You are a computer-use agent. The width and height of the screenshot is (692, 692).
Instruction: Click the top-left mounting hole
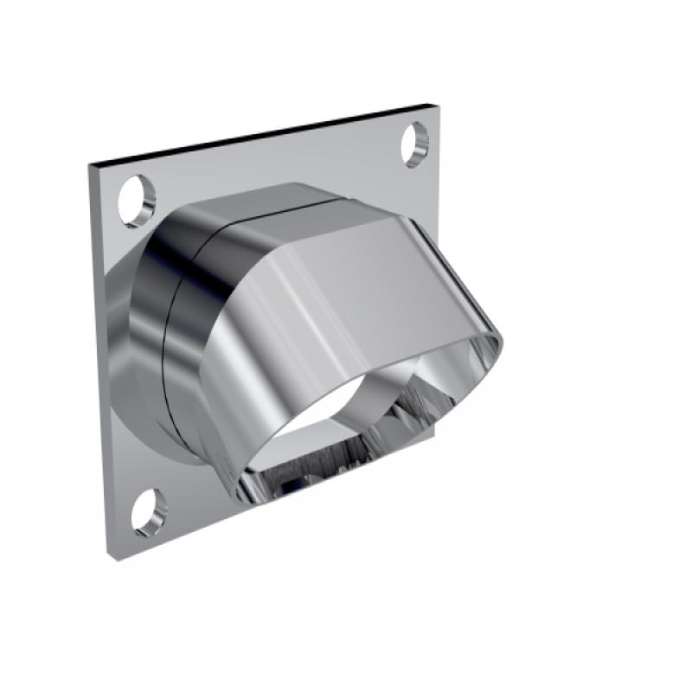(136, 194)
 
